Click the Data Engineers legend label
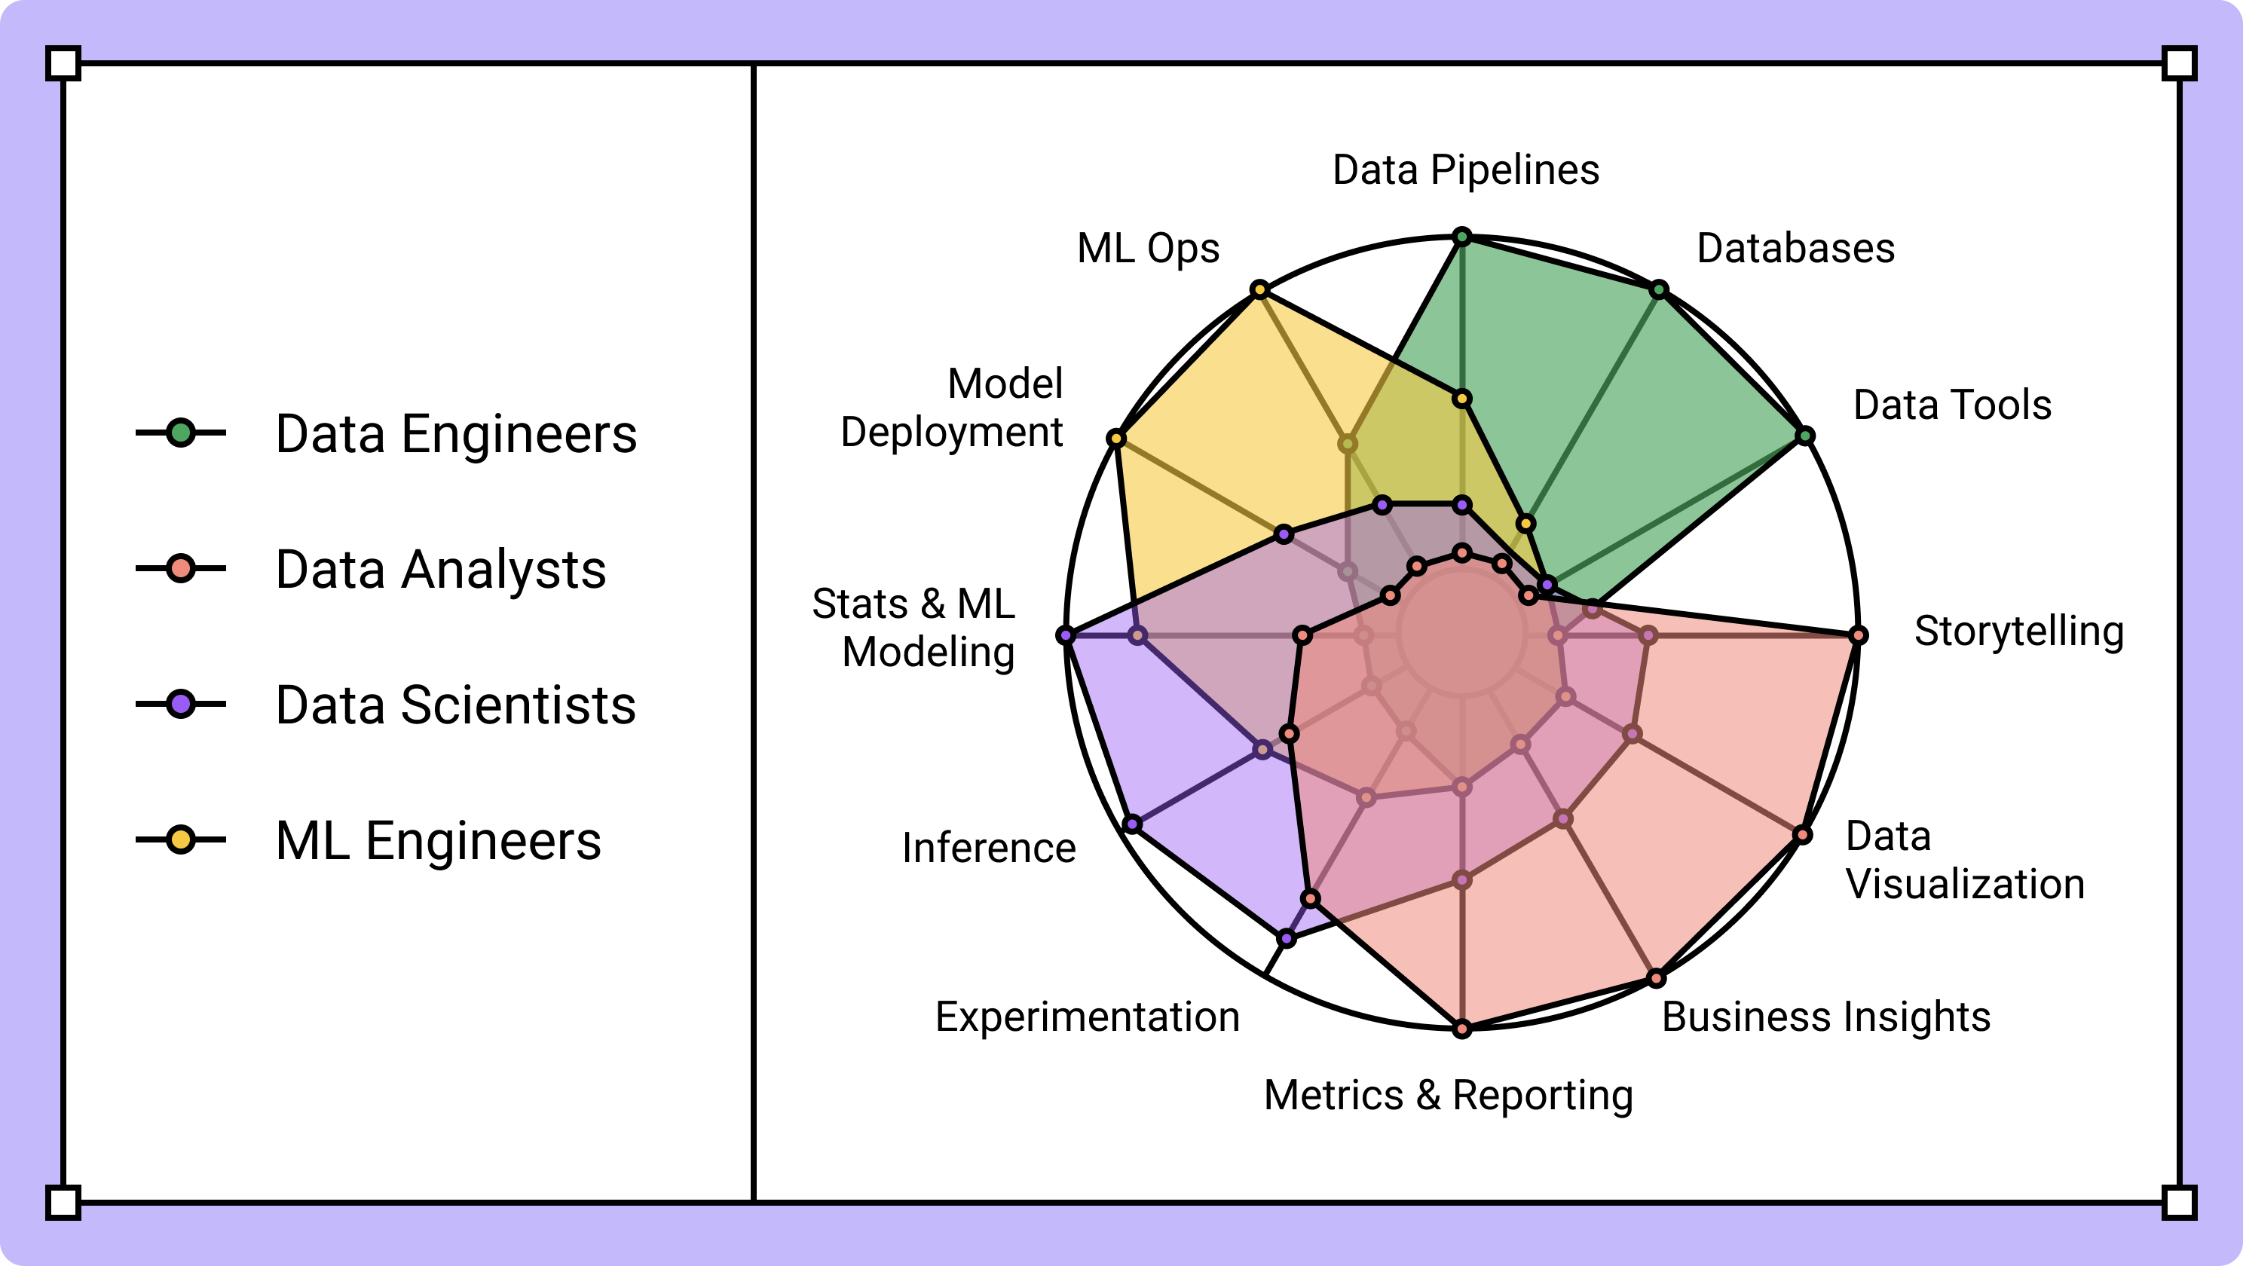(455, 433)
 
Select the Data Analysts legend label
(441, 570)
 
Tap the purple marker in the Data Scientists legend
(181, 704)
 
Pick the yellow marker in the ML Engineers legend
(181, 839)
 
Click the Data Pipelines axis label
(1465, 170)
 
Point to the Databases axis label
(1795, 248)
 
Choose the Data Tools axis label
(1952, 405)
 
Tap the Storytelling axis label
(2018, 631)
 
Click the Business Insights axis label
(1826, 1016)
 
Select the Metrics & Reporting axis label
(1448, 1094)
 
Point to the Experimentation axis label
(1087, 1016)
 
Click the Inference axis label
(988, 847)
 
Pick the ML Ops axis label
(1148, 248)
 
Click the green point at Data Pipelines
(1463, 237)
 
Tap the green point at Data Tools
(1806, 436)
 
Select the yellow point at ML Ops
(1260, 289)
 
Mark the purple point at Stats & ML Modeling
(1066, 635)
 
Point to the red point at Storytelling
(1858, 635)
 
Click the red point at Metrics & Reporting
(1463, 1029)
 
